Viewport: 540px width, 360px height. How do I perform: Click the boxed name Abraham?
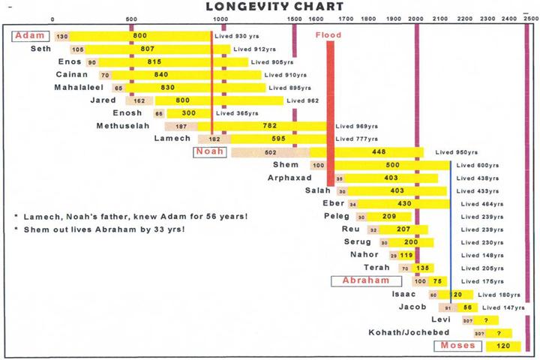366,280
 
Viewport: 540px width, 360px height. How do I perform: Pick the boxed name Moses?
454,346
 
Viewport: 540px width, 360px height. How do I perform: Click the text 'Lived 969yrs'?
355,126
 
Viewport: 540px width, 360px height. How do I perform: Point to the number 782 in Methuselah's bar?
271,126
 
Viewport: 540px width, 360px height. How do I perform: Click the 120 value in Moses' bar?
503,346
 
